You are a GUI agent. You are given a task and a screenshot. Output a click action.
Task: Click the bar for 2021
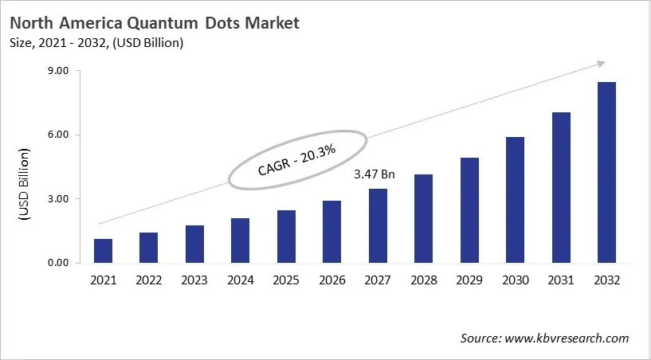(x=103, y=251)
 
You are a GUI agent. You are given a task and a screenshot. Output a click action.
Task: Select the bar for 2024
(x=240, y=241)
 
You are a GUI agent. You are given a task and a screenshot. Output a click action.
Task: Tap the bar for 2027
(x=378, y=226)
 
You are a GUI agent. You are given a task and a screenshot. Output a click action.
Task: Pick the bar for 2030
(x=516, y=200)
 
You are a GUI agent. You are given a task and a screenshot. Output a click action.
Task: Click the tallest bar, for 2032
(x=606, y=173)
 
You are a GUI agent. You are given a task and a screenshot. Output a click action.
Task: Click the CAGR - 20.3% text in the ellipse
(x=297, y=160)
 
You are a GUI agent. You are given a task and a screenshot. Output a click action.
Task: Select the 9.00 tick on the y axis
(x=59, y=71)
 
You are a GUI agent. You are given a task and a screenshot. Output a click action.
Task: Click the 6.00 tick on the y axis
(x=59, y=135)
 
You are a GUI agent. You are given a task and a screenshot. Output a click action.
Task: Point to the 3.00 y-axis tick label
(x=59, y=199)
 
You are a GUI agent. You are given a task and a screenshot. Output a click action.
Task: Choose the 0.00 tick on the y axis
(x=59, y=263)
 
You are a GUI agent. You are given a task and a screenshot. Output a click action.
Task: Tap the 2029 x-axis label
(x=469, y=280)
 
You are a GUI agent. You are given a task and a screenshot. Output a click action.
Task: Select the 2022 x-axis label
(x=148, y=280)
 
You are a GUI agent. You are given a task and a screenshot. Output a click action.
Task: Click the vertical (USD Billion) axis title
(x=25, y=184)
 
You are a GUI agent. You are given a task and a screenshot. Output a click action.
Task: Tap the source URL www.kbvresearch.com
(x=567, y=338)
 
